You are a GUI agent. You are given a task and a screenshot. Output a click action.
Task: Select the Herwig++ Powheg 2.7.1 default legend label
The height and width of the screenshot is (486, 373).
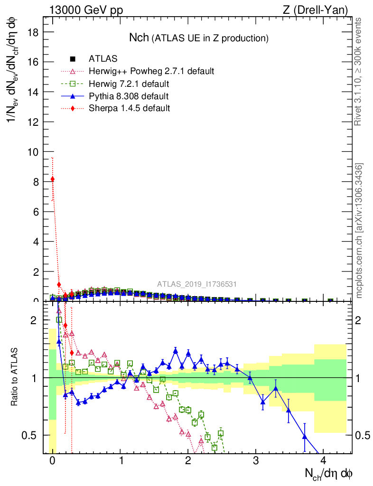click(151, 72)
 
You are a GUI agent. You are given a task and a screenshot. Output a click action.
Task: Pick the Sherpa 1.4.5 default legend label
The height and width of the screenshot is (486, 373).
click(129, 108)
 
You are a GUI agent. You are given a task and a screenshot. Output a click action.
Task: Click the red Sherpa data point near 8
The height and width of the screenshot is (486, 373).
click(53, 179)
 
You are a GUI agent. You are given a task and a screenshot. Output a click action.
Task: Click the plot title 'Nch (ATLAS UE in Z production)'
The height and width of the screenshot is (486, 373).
click(199, 38)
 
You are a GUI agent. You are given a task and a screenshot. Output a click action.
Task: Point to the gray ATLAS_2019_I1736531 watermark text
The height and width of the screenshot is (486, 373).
click(197, 284)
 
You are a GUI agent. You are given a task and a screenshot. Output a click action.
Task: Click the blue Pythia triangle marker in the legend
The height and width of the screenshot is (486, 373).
click(73, 96)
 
